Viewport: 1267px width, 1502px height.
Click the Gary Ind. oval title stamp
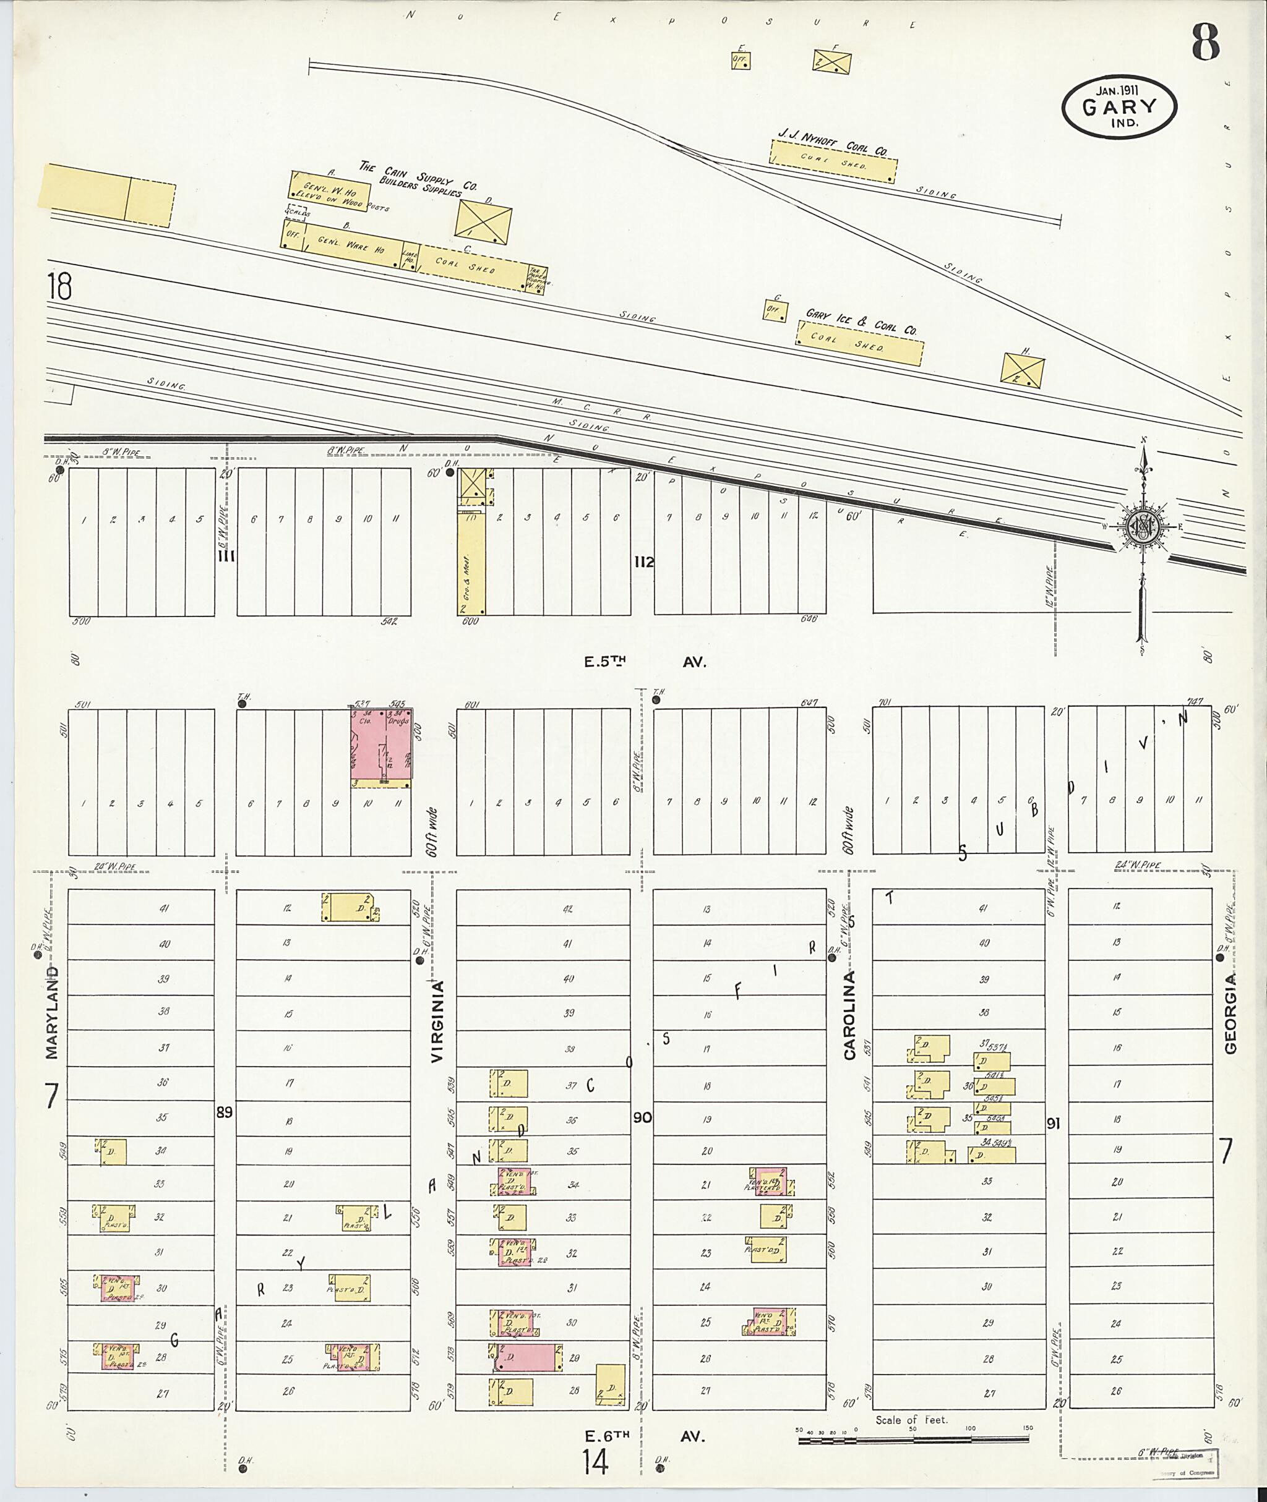1119,107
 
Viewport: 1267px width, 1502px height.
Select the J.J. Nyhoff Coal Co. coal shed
833,160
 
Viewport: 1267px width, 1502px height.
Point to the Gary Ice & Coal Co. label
861,321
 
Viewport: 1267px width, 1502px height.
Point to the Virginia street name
437,1020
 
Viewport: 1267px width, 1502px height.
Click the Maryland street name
52,1012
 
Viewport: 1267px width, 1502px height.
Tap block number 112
643,561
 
